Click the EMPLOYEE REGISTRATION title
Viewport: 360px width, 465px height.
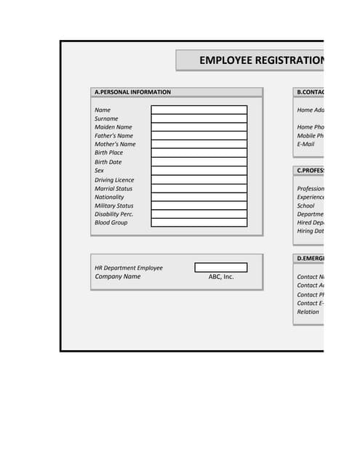coord(260,60)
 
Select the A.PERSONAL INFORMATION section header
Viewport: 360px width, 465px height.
coord(132,92)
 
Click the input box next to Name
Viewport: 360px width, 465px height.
coord(199,110)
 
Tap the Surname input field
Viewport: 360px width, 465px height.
coord(199,118)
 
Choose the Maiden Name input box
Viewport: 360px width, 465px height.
coord(199,127)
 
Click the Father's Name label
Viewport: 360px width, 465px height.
coord(114,136)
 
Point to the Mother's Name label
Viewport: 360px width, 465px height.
coord(115,144)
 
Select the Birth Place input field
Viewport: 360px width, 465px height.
coord(199,153)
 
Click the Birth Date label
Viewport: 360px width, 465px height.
coord(108,162)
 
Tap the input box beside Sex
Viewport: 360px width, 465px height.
coord(199,171)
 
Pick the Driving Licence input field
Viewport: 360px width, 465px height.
coord(199,179)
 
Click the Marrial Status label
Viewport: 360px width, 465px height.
coord(113,188)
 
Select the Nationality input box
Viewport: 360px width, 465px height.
coord(199,197)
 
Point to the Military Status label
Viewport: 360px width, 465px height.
coord(114,206)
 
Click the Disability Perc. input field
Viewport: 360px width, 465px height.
coord(199,214)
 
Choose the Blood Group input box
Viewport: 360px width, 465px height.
coord(199,223)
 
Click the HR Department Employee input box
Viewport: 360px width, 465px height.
coord(220,267)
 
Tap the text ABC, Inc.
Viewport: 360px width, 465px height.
coord(221,277)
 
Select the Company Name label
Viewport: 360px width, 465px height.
coord(117,277)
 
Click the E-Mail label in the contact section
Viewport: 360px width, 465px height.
coord(305,144)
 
